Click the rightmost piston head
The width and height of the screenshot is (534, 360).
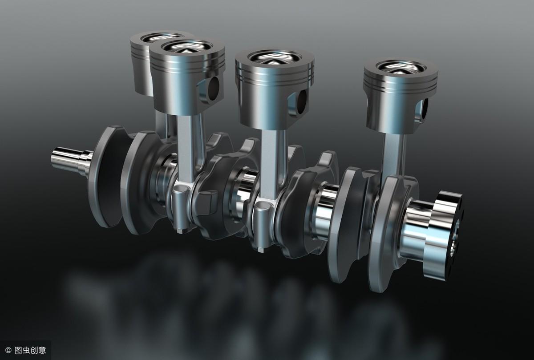pos(400,95)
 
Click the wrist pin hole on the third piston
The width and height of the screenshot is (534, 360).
pos(302,101)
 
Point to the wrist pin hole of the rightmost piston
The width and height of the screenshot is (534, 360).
pos(425,109)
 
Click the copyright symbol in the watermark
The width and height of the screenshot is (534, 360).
pos(8,350)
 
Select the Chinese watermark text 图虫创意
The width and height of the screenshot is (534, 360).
pos(30,350)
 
